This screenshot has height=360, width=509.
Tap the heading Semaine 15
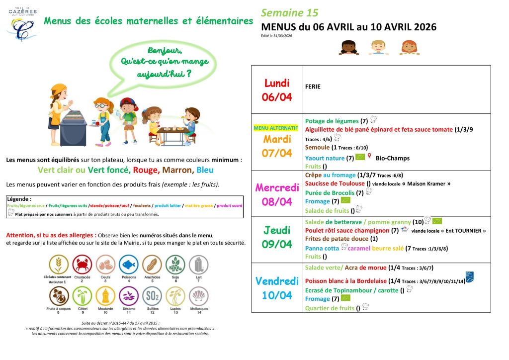(x=289, y=13)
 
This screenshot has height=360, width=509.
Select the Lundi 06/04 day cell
(x=277, y=90)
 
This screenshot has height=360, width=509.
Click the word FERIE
(x=313, y=87)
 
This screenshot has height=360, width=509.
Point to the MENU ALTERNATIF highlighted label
(x=276, y=128)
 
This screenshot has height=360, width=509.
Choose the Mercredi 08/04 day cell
(x=277, y=194)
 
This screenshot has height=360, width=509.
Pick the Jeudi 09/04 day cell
(x=277, y=238)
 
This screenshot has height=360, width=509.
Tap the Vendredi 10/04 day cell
(x=277, y=288)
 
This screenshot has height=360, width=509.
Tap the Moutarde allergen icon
(x=105, y=297)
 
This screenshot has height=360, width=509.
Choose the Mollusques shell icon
(x=198, y=297)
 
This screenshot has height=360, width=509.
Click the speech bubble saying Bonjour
(x=164, y=62)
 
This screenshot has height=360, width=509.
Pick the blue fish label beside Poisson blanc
(x=469, y=277)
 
